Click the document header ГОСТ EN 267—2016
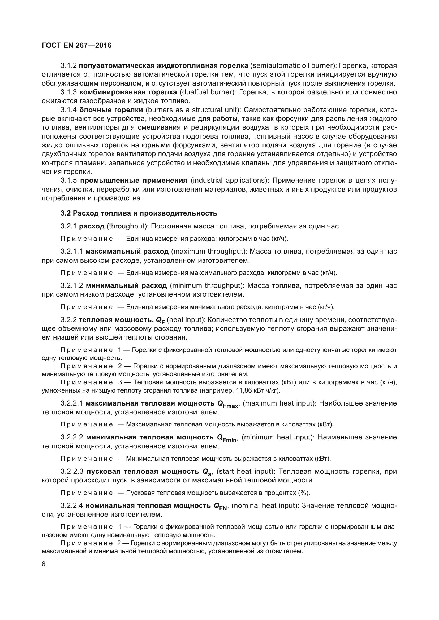click(76, 45)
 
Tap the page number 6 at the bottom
click(44, 564)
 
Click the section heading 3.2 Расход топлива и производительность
click(139, 213)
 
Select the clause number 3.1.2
click(69, 66)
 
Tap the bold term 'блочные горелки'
click(111, 110)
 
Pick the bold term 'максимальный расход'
click(127, 251)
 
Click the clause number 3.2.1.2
click(72, 285)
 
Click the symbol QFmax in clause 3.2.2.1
click(228, 404)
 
